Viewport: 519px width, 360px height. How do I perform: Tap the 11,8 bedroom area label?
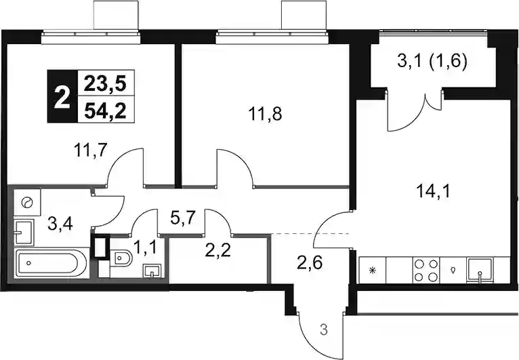pyautogui.click(x=265, y=115)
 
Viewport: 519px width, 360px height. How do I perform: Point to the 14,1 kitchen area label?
pyautogui.click(x=434, y=191)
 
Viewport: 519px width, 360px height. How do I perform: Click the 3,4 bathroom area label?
pyautogui.click(x=60, y=224)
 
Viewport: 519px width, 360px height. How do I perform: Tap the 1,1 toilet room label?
pyautogui.click(x=144, y=247)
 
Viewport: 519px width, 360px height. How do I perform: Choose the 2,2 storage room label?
pyautogui.click(x=217, y=251)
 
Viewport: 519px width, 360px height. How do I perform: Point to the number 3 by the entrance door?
pyautogui.click(x=324, y=330)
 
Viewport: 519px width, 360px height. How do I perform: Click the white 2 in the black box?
pyautogui.click(x=62, y=96)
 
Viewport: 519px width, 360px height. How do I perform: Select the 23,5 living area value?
pyautogui.click(x=105, y=84)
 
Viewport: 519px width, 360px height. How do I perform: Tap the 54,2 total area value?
pyautogui.click(x=105, y=111)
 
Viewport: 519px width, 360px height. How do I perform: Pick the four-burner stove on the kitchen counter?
pyautogui.click(x=426, y=271)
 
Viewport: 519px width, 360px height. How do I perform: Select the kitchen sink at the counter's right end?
pyautogui.click(x=479, y=271)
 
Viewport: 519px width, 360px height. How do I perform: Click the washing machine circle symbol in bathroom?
pyautogui.click(x=26, y=202)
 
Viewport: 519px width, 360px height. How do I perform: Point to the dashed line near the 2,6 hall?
pyautogui.click(x=310, y=234)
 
